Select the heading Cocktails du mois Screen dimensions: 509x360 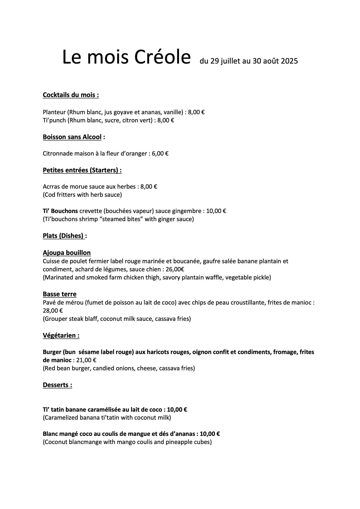[x=71, y=95]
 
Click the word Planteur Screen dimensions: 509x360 [x=54, y=112]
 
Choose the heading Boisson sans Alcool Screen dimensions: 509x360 [x=72, y=137]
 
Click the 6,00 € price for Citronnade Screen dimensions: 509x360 [x=160, y=153]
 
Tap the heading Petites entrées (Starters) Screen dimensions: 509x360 [x=82, y=170]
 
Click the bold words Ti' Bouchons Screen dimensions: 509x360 [x=60, y=211]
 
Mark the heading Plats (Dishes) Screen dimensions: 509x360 [x=64, y=236]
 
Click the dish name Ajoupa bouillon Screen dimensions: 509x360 [x=67, y=253]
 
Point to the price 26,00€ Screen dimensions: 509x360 [x=175, y=269]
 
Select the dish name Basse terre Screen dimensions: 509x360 [x=60, y=294]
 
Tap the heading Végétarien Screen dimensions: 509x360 [x=61, y=335]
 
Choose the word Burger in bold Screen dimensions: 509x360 [x=52, y=352]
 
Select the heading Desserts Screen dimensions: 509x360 [x=57, y=385]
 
